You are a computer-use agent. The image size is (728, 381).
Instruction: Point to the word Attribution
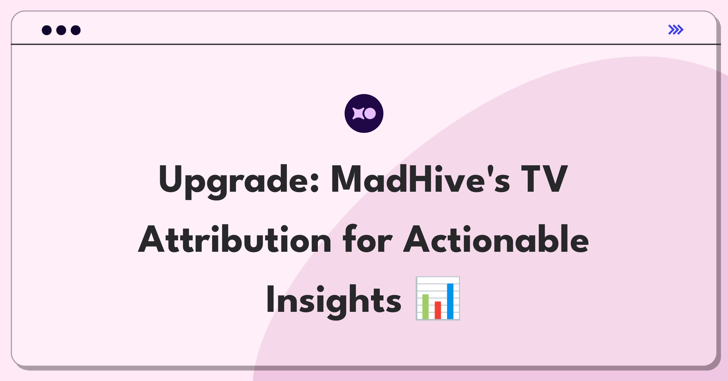pyautogui.click(x=234, y=239)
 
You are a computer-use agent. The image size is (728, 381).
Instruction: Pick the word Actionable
pyautogui.click(x=496, y=239)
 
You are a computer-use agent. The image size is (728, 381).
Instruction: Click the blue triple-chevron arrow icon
pyautogui.click(x=676, y=30)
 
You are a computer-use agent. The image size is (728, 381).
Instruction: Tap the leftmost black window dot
pyautogui.click(x=47, y=30)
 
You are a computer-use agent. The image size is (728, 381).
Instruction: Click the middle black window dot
pyautogui.click(x=61, y=30)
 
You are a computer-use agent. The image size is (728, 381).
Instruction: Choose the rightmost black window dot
pyautogui.click(x=76, y=30)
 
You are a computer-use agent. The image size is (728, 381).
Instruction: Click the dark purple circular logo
pyautogui.click(x=364, y=113)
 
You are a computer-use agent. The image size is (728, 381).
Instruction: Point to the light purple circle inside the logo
pyautogui.click(x=370, y=113)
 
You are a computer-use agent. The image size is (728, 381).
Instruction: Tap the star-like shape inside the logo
pyautogui.click(x=358, y=113)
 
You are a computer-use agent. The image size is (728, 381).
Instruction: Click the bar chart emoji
pyautogui.click(x=438, y=298)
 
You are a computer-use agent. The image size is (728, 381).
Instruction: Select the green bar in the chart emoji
pyautogui.click(x=426, y=307)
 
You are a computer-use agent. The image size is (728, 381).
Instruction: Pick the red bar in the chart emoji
pyautogui.click(x=438, y=310)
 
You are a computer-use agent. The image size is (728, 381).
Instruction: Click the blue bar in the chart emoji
pyautogui.click(x=450, y=301)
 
